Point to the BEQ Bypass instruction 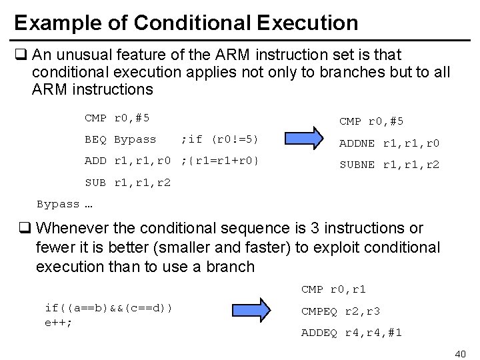coord(120,139)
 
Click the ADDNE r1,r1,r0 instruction coord(389,143)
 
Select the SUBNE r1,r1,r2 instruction coord(389,164)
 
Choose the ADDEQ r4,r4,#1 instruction coord(352,332)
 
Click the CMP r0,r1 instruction coord(333,289)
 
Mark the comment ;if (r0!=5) coord(219,139)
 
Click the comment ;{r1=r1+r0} coord(220,161)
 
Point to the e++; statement coord(58,321)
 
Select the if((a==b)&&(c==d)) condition coord(108,307)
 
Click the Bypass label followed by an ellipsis coord(64,204)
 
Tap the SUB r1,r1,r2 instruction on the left coord(127,182)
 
